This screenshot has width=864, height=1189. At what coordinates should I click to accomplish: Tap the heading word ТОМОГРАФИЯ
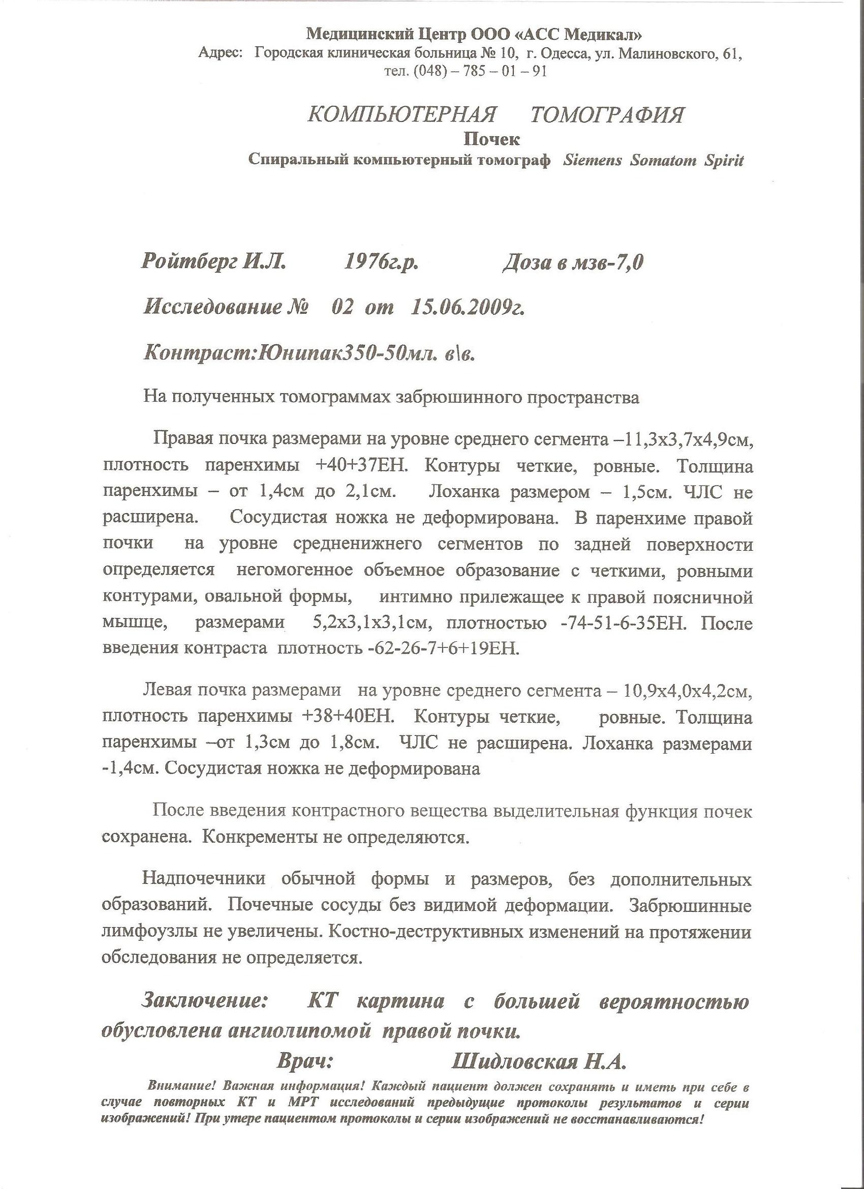607,114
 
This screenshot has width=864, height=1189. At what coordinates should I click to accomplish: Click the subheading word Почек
491,139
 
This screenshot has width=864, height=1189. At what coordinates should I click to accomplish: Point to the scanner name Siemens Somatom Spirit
653,160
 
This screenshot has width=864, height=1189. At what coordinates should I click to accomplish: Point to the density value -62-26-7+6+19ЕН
442,649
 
